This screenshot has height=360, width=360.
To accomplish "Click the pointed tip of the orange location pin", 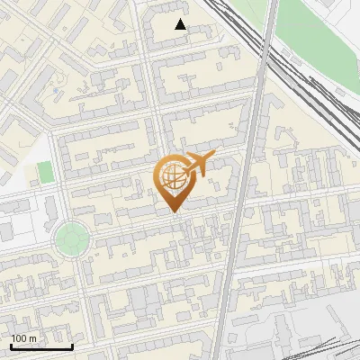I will click(174, 212).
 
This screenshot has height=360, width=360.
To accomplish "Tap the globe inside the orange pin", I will click(172, 178).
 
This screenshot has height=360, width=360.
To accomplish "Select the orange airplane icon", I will click(197, 165).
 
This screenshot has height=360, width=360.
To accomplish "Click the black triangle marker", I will click(181, 24).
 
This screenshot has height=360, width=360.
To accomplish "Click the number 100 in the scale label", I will click(19, 338).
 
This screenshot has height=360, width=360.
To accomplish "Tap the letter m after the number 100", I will click(32, 338).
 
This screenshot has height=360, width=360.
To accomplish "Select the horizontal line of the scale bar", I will click(41, 347).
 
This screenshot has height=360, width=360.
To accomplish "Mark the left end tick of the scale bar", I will click(11, 345).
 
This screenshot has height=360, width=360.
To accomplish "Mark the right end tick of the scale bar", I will click(72, 345).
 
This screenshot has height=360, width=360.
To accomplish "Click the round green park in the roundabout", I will click(71, 239).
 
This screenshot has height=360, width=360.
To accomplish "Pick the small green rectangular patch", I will click(45, 173).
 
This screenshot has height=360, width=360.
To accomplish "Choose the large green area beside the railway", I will click(315, 36).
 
